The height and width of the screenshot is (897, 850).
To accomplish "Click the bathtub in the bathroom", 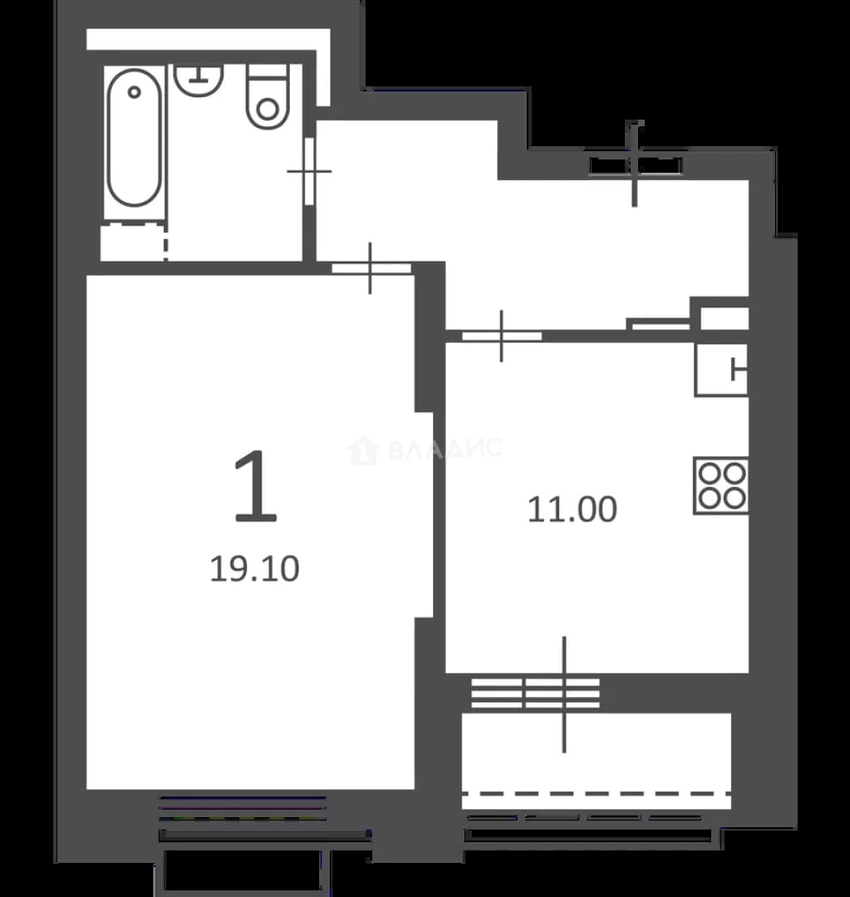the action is pos(134,137).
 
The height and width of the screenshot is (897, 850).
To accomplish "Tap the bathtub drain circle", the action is pos(134,91).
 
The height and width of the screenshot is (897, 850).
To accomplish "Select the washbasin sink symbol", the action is pos(198,80).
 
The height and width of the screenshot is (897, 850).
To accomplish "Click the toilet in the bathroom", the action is pos(268,96).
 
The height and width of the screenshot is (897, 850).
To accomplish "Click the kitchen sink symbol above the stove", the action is pos(722,370).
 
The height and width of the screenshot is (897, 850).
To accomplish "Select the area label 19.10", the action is pos(255,569).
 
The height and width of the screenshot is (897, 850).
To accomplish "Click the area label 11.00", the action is pos(572,510).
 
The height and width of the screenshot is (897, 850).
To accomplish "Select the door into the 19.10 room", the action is pos(371,268).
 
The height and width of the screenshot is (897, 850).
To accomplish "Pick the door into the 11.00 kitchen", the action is pos(502,336).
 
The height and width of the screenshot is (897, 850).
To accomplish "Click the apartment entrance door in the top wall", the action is pos(635,165).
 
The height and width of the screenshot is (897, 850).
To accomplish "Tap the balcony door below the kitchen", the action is pos(564,694).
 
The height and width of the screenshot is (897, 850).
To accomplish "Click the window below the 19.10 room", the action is pos(243,808).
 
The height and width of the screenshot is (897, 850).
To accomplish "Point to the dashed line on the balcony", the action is pos(597,794).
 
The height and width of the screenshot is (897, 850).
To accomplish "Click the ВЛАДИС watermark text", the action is pos(446,448).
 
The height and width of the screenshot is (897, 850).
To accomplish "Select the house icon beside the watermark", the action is pos(363,450).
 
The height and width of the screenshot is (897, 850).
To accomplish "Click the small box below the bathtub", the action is pos(134,243).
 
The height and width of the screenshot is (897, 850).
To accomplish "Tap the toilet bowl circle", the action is pos(268,110).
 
